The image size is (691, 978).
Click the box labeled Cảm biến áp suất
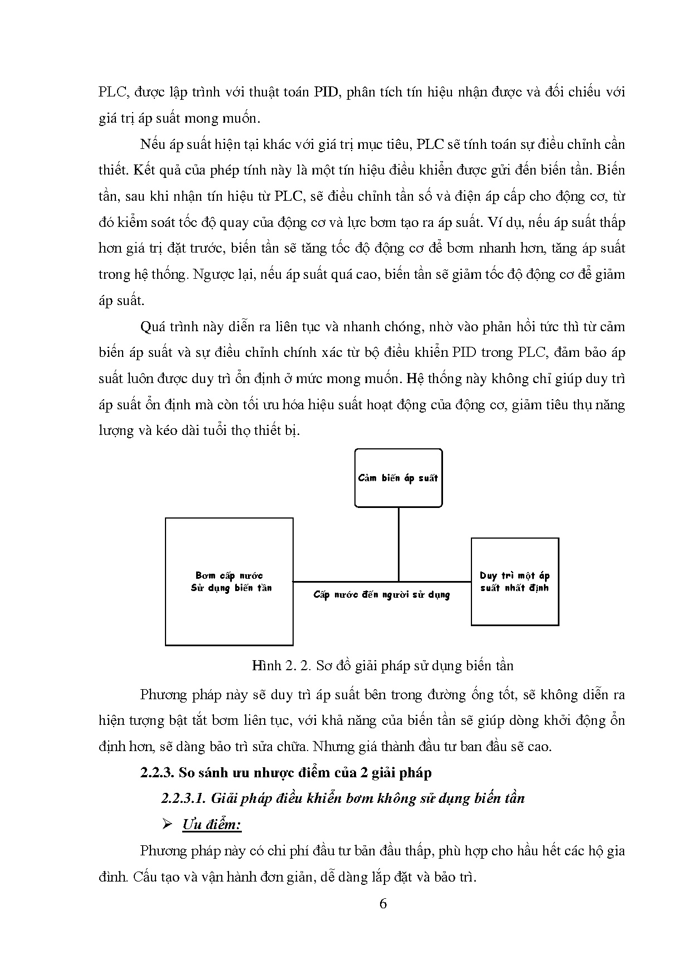398,478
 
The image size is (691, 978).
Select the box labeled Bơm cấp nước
229,582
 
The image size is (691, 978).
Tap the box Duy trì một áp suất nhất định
514,582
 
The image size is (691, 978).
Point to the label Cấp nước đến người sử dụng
381,594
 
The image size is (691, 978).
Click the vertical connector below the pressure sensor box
398,544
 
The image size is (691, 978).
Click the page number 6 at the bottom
382,904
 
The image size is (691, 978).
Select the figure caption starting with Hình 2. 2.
382,665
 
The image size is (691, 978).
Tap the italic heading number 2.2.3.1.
184,798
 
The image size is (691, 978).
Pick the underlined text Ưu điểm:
212,825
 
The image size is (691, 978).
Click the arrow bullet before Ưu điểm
166,825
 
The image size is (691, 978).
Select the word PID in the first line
326,92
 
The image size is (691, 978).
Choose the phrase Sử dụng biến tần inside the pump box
231,588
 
